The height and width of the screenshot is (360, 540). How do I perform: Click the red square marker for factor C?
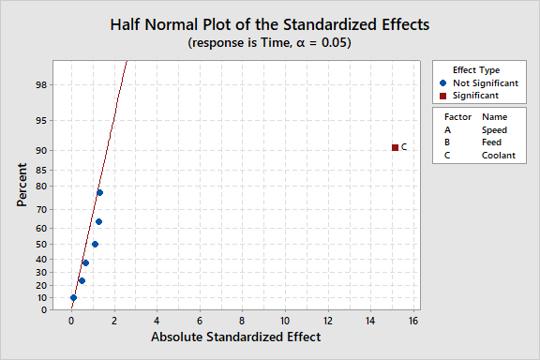pos(395,147)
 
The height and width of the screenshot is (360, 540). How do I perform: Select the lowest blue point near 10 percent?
pos(73,298)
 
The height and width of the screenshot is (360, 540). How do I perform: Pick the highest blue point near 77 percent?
pos(99,193)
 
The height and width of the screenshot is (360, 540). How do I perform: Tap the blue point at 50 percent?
pos(95,245)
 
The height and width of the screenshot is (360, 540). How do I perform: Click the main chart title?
pos(269,23)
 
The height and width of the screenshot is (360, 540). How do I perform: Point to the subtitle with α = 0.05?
pos(269,43)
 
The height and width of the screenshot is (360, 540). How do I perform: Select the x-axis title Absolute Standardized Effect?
pos(236,337)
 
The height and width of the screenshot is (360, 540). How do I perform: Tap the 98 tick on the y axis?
pos(41,84)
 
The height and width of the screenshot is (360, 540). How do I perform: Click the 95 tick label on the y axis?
pos(41,120)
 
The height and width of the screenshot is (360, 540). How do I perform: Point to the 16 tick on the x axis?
pos(412,321)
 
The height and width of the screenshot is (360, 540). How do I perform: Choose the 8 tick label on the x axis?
pos(242,321)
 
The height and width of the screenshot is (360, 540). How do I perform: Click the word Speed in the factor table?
pos(495,129)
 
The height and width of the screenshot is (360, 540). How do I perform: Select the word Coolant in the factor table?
pos(499,156)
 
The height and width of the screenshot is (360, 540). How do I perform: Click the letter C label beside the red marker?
pos(404,148)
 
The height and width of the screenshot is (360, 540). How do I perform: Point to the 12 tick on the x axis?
pos(327,321)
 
